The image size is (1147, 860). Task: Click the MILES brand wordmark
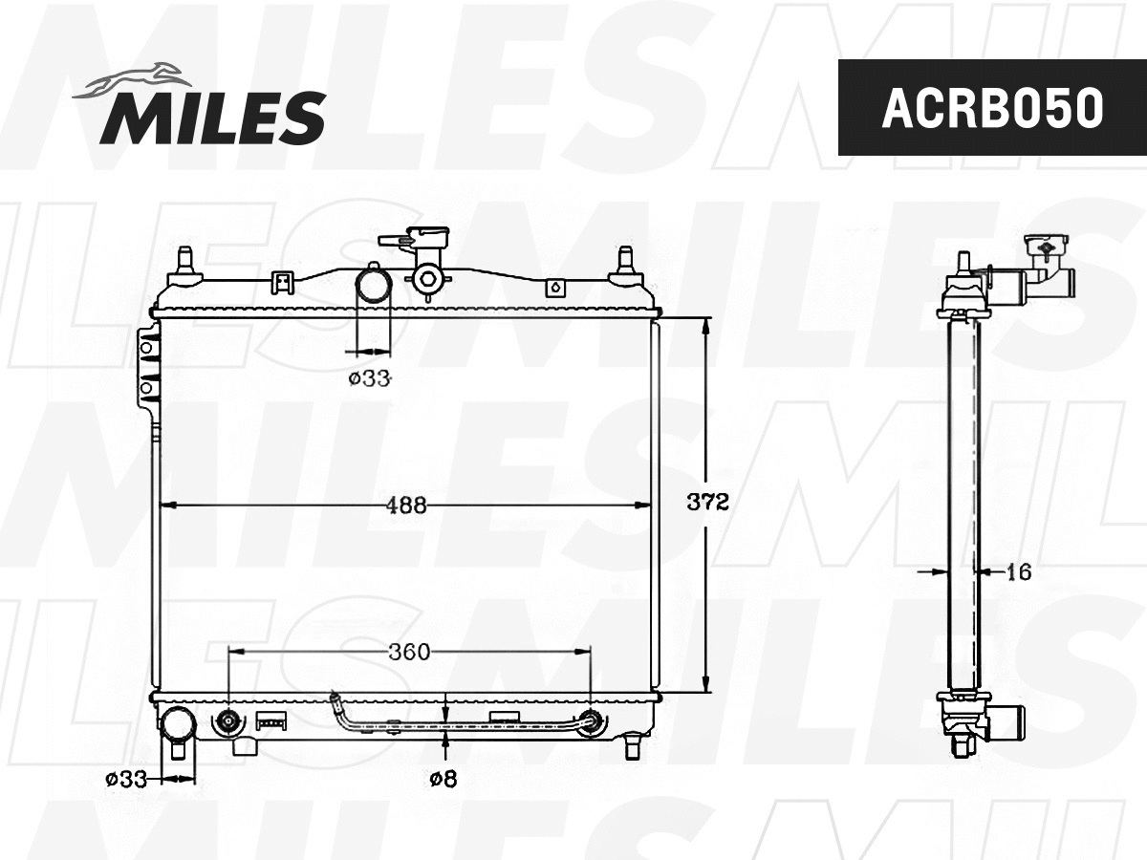tap(212, 118)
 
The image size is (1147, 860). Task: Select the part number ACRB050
tap(991, 108)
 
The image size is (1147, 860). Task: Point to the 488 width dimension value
tap(406, 505)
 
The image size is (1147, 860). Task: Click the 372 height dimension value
tap(708, 503)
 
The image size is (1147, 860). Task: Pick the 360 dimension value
tap(408, 653)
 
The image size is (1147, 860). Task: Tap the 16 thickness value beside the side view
tap(1019, 571)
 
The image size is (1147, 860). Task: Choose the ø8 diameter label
tap(443, 780)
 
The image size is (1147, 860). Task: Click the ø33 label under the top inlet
tap(369, 378)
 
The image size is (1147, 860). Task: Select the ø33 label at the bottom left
tap(126, 780)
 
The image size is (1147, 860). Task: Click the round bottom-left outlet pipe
tap(177, 724)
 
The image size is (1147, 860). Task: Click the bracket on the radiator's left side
tap(148, 368)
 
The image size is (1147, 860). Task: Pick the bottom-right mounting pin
tap(632, 744)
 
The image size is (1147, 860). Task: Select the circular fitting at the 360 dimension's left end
tap(228, 722)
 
